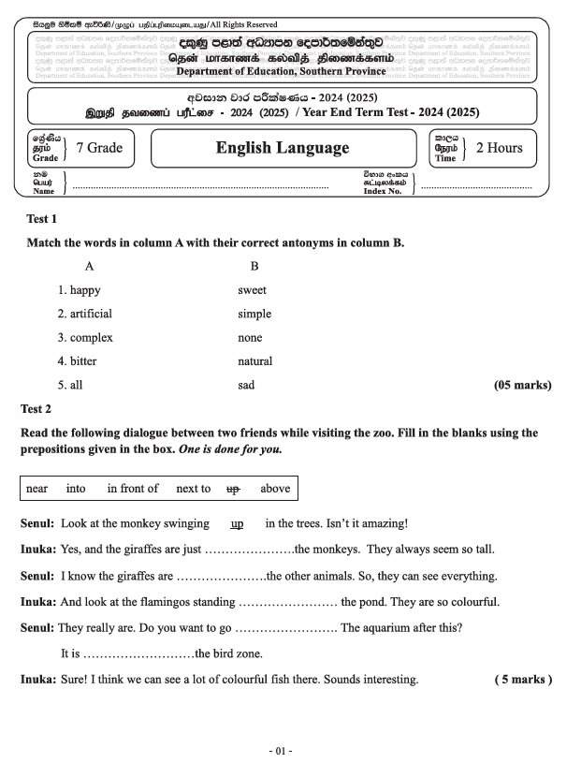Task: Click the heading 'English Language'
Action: pos(282,148)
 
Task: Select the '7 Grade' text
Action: pos(99,148)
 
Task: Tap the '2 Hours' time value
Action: pos(499,148)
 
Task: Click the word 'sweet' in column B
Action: pos(252,290)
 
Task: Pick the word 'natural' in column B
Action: pos(254,361)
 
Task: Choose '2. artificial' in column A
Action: pos(84,315)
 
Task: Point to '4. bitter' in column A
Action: pos(77,361)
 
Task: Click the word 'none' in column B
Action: pos(250,338)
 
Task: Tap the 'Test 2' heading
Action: pos(38,408)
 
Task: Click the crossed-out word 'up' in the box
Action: pos(234,489)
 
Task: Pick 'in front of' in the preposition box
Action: pos(133,489)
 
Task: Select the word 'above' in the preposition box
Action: pos(275,489)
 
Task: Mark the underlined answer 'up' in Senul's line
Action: pos(237,523)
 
